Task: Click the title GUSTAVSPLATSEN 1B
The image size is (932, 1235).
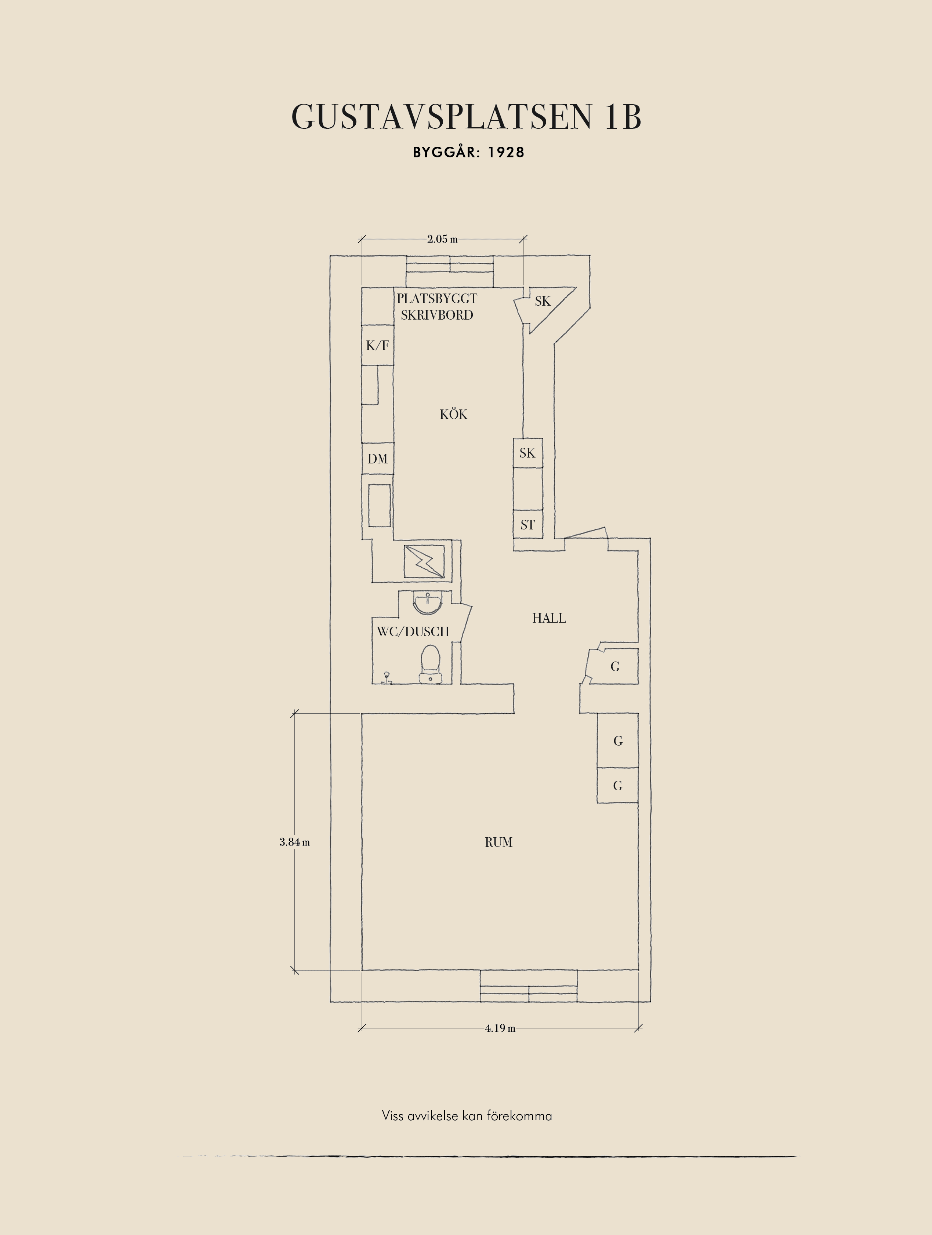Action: (x=466, y=117)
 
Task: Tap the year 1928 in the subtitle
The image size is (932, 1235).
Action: (x=506, y=152)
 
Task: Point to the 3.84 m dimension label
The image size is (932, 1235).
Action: (x=294, y=842)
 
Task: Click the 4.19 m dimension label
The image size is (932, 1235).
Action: (x=500, y=1028)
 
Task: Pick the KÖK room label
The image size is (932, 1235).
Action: (x=453, y=414)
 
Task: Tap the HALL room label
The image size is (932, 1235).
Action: (x=549, y=618)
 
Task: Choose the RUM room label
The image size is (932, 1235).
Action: (x=498, y=842)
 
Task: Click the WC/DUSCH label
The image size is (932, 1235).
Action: (x=413, y=631)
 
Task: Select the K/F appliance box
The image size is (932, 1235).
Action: (x=377, y=345)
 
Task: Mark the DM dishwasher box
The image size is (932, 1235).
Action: (x=377, y=458)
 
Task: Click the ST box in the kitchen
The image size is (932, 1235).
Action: (x=528, y=524)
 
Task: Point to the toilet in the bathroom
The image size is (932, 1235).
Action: (x=430, y=664)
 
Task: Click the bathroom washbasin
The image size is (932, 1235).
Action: (x=428, y=602)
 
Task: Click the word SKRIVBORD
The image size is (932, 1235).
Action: (x=437, y=315)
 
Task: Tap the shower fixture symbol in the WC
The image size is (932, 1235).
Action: (x=386, y=678)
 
